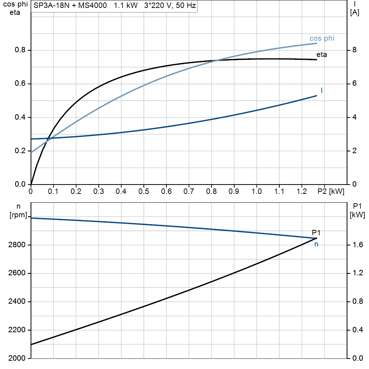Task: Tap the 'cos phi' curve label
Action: [322, 38]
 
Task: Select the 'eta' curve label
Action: [322, 55]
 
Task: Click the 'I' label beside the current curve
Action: [321, 90]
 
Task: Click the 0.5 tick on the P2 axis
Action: [144, 192]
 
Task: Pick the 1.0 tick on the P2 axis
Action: [257, 192]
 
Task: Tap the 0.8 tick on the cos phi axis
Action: [20, 50]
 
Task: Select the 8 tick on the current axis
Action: [354, 50]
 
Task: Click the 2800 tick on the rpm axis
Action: [16, 245]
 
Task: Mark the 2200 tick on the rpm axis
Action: [16, 330]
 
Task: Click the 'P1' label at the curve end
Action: [316, 233]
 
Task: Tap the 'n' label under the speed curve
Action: [316, 244]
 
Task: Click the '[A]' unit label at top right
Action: [355, 13]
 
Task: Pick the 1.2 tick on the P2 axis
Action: [302, 192]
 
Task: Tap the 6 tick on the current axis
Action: [354, 84]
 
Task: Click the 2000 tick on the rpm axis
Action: [16, 358]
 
